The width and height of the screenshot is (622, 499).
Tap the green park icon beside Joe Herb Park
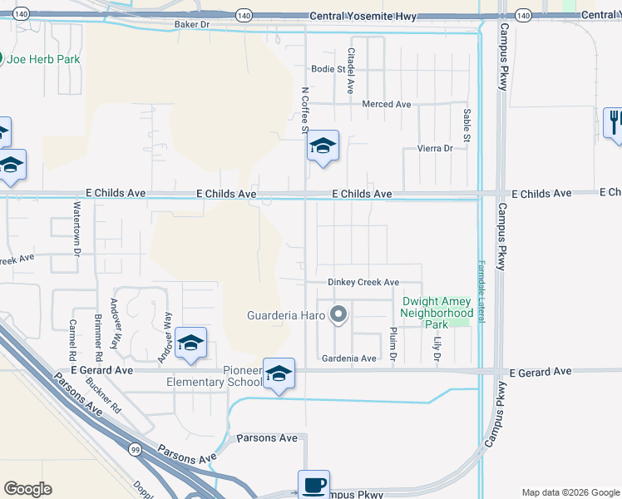1,59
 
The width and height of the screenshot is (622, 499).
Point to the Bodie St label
328,69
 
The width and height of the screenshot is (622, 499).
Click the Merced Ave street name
387,105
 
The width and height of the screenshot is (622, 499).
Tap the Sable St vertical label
466,125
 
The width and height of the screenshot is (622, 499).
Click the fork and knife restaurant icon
615,123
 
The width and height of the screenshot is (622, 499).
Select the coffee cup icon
313,485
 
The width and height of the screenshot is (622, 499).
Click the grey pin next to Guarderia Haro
338,315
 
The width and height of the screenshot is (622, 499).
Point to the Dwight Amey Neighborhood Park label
437,313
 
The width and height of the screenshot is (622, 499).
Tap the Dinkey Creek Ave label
363,283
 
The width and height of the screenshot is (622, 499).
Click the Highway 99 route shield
135,449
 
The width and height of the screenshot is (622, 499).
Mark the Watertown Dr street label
77,228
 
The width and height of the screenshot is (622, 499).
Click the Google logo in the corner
27,489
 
